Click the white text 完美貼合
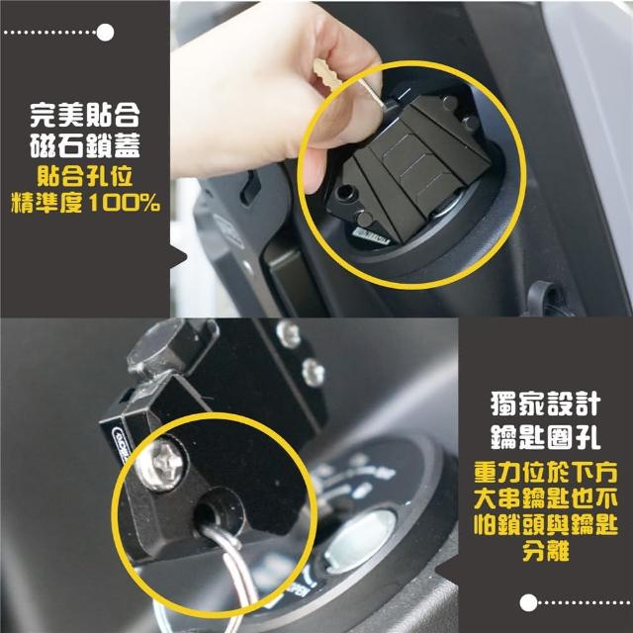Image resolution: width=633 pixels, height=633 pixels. click(85, 116)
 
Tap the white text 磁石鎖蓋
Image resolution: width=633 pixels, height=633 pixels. click(85, 144)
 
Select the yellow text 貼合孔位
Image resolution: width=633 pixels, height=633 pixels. click(85, 176)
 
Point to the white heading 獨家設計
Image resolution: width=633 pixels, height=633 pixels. click(545, 404)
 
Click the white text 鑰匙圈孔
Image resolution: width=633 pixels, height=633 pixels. click(545, 436)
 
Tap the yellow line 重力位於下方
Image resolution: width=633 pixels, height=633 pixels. click(546, 473)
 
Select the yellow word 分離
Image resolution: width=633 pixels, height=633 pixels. click(546, 550)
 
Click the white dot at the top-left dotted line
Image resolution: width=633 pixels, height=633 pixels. click(106, 33)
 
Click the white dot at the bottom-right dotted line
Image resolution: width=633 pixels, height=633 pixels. click(528, 602)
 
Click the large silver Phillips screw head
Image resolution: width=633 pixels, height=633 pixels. click(160, 465)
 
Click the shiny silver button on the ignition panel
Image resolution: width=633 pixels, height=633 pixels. click(359, 540)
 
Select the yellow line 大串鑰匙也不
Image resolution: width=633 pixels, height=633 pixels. click(546, 498)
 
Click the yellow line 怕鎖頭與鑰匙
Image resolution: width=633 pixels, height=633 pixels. click(546, 525)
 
